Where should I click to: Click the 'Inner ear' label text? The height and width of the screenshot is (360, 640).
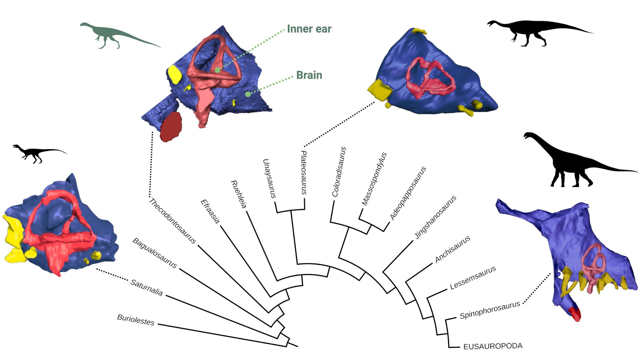click(309, 29)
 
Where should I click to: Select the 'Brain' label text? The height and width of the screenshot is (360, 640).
click(309, 75)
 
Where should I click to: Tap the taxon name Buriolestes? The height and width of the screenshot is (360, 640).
click(136, 320)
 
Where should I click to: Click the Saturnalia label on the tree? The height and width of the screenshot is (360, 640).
click(146, 287)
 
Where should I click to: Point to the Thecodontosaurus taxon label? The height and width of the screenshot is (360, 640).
click(172, 221)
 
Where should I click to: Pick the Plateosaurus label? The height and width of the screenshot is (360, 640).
click(303, 172)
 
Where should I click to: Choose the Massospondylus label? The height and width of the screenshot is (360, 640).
click(374, 179)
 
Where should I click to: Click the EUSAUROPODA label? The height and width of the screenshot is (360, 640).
click(493, 346)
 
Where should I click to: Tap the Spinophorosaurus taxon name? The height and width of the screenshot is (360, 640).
click(490, 310)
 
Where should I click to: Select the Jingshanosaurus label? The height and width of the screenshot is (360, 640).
click(435, 217)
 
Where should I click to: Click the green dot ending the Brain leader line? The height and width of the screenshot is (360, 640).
click(248, 94)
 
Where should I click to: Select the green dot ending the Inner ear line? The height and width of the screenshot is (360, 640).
click(217, 70)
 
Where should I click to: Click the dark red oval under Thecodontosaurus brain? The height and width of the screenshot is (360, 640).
click(171, 127)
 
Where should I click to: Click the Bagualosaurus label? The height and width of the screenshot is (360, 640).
click(155, 253)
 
